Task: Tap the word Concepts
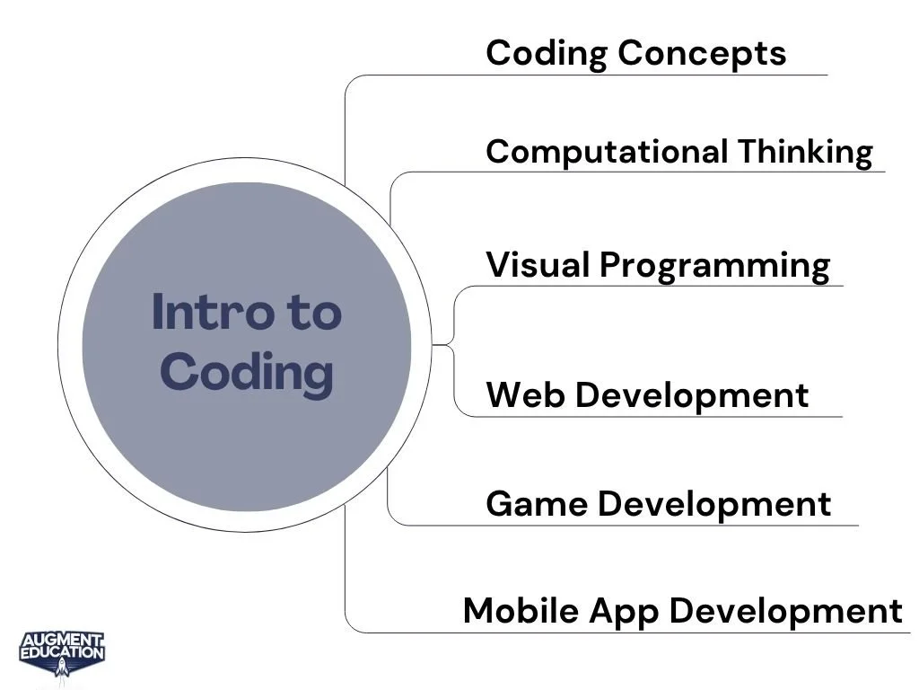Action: coord(702,53)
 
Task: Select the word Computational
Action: coord(607,151)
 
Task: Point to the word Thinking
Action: coord(805,151)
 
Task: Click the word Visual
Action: coord(538,265)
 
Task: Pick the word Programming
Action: coord(714,265)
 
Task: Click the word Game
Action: coord(537,504)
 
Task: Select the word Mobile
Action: coord(521,611)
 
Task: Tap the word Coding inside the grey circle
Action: coord(247,372)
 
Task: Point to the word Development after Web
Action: coord(692,395)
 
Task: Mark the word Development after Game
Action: coord(714,504)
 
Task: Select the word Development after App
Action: coord(786,611)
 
